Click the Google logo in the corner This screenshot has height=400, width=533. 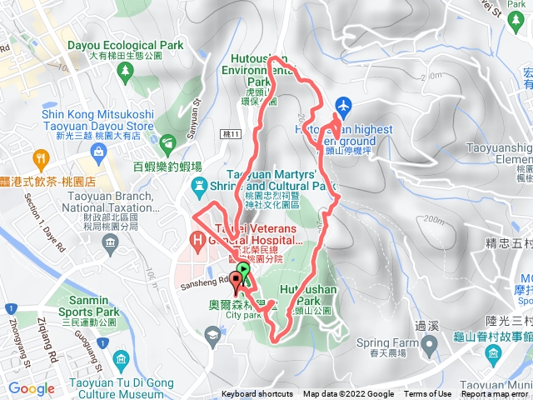[32, 388]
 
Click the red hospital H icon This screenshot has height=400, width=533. [197, 242]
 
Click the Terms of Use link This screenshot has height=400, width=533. [428, 394]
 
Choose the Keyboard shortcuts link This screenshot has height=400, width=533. [257, 394]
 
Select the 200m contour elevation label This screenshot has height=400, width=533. [434, 219]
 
